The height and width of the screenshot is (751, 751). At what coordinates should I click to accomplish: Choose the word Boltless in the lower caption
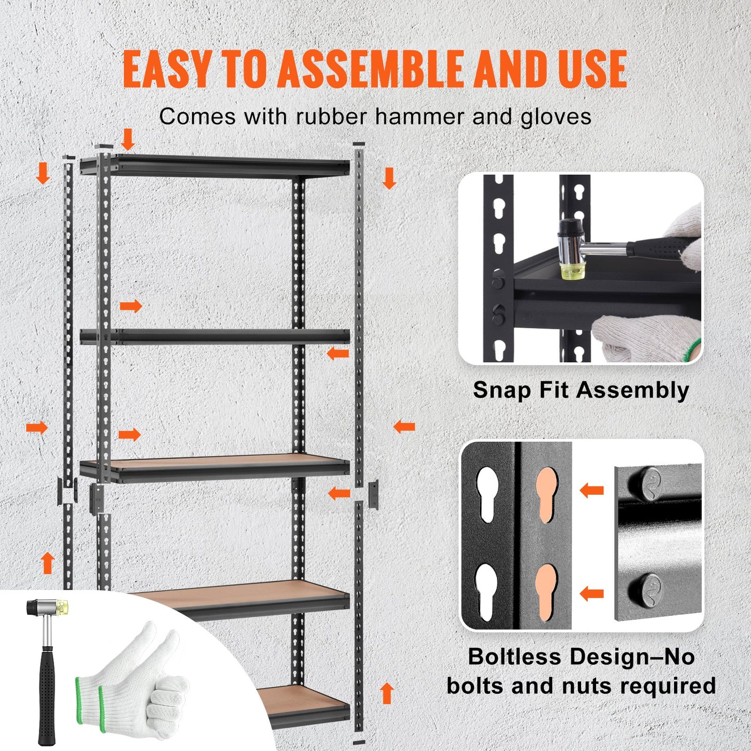515,657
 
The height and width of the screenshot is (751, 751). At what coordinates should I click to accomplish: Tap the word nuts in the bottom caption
588,686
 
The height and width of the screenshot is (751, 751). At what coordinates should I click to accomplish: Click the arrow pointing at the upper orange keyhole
591,490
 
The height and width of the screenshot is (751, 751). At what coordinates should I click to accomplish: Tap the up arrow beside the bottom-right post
386,693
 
